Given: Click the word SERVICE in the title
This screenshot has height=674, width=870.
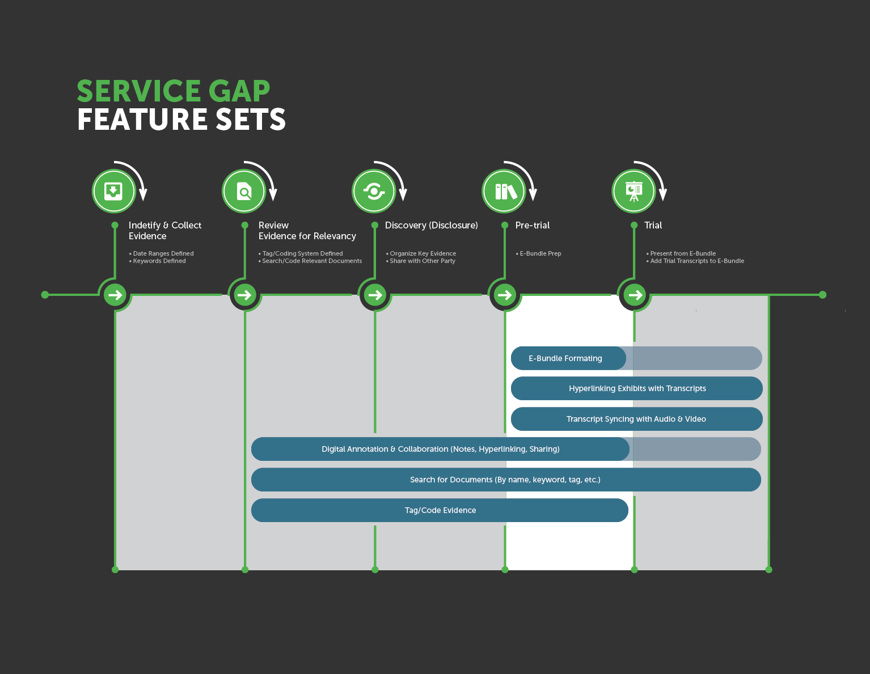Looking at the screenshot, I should [139, 91].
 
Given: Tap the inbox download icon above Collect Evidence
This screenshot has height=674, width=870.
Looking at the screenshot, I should [114, 191].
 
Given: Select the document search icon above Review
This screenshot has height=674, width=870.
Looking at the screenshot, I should [244, 191].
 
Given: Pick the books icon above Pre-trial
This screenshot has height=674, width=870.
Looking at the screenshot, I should [504, 191].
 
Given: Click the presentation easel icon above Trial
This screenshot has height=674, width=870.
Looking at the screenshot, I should [634, 191].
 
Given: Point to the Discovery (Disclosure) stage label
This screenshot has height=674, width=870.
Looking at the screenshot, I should [431, 225].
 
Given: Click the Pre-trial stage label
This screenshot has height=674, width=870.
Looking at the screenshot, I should [532, 225].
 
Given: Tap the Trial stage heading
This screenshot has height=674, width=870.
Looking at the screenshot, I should [653, 225].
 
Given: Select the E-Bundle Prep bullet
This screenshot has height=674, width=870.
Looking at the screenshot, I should [540, 253].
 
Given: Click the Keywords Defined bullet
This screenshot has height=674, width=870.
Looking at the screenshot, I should [159, 261].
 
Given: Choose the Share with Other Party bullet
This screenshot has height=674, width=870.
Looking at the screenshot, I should [422, 261].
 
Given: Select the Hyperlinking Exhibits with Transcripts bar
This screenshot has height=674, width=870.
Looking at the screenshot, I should [637, 388].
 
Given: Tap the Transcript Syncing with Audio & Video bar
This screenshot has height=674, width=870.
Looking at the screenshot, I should [636, 419].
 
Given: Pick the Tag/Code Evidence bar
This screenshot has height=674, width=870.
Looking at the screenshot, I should [440, 510].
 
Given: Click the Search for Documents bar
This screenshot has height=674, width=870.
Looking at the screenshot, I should [505, 480].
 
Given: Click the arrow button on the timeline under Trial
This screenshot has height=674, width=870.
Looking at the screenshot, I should [635, 295].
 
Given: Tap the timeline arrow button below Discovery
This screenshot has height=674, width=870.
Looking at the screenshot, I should [375, 295].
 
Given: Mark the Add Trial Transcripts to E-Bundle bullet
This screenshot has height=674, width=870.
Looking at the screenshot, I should [696, 261].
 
